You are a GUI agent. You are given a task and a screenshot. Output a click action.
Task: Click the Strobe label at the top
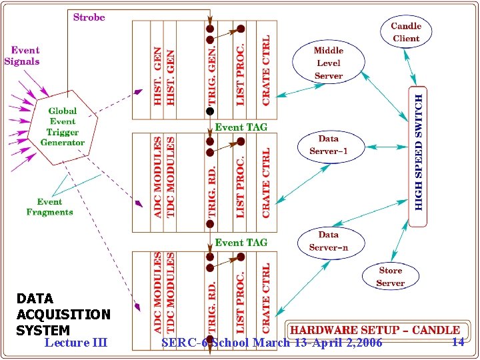click(89, 17)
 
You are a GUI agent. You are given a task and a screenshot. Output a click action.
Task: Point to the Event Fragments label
click(49, 207)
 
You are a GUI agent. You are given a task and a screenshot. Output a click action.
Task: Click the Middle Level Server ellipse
click(328, 63)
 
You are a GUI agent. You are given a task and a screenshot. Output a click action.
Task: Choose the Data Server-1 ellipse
click(328, 145)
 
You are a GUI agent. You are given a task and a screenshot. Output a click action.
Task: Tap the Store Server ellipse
click(390, 277)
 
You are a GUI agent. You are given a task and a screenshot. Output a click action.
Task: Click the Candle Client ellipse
click(405, 32)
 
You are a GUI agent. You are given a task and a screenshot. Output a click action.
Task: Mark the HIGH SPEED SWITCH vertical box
click(418, 151)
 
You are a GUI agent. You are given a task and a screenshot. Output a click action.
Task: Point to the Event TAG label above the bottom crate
click(241, 243)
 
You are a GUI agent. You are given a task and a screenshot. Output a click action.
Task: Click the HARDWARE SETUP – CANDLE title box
click(374, 330)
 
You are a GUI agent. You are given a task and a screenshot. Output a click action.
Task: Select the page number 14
click(457, 342)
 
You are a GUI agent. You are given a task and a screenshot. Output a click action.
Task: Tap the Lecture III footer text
click(75, 343)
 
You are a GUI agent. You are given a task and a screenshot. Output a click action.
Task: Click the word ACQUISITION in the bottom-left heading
click(63, 314)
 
